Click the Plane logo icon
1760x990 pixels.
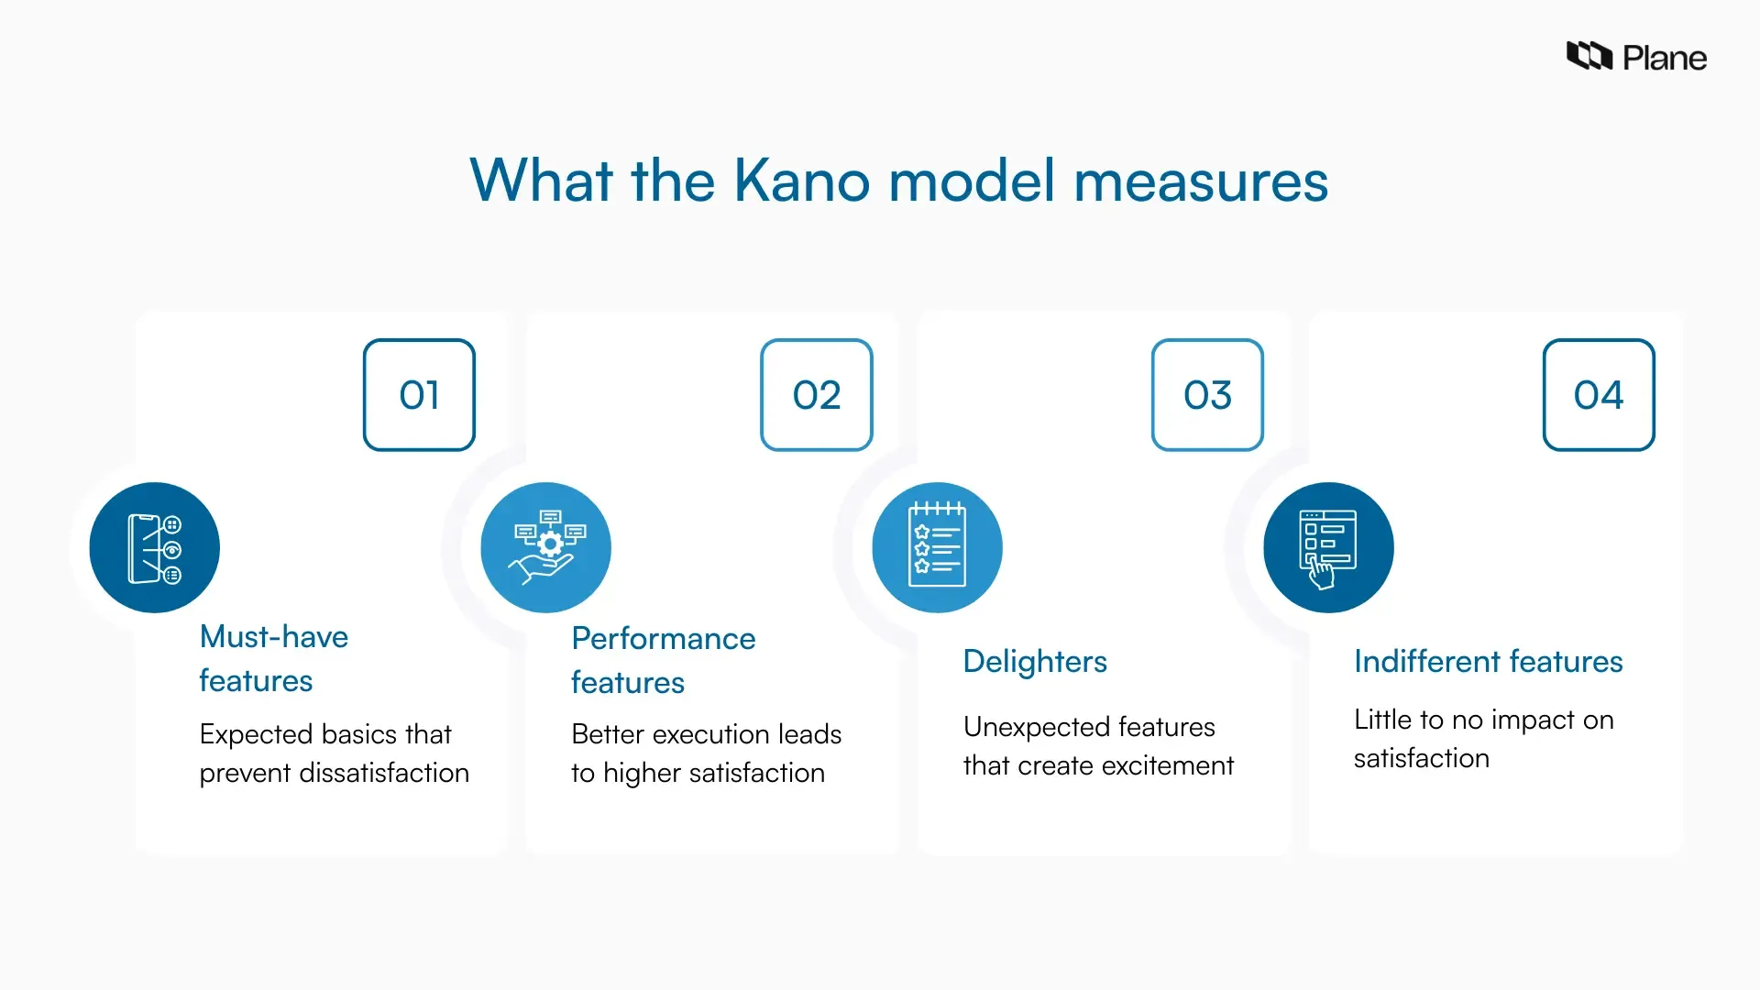[1589, 56]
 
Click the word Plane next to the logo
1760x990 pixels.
[1664, 59]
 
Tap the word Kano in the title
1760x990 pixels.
[801, 181]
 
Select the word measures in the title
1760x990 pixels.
[1200, 181]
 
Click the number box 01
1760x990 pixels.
[419, 395]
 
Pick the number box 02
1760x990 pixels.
[816, 395]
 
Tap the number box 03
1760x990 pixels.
[1207, 395]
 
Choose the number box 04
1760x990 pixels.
[1598, 395]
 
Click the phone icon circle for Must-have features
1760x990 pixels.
[155, 547]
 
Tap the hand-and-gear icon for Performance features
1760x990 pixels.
[546, 547]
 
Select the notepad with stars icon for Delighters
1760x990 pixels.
[937, 547]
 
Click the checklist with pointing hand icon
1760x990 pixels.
[1328, 547]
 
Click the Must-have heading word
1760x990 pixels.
[273, 636]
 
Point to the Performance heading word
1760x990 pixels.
[663, 638]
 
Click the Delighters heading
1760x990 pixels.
[1034, 661]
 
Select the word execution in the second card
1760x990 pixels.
[710, 734]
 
